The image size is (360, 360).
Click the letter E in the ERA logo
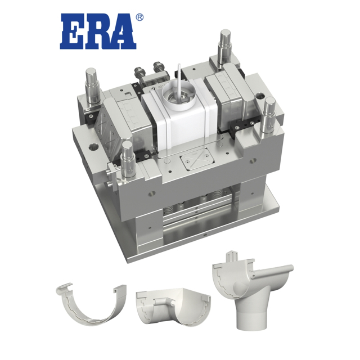[73, 33]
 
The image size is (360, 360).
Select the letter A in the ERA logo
[123, 33]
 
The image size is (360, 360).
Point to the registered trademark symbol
[140, 17]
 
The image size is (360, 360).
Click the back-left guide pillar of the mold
[90, 84]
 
